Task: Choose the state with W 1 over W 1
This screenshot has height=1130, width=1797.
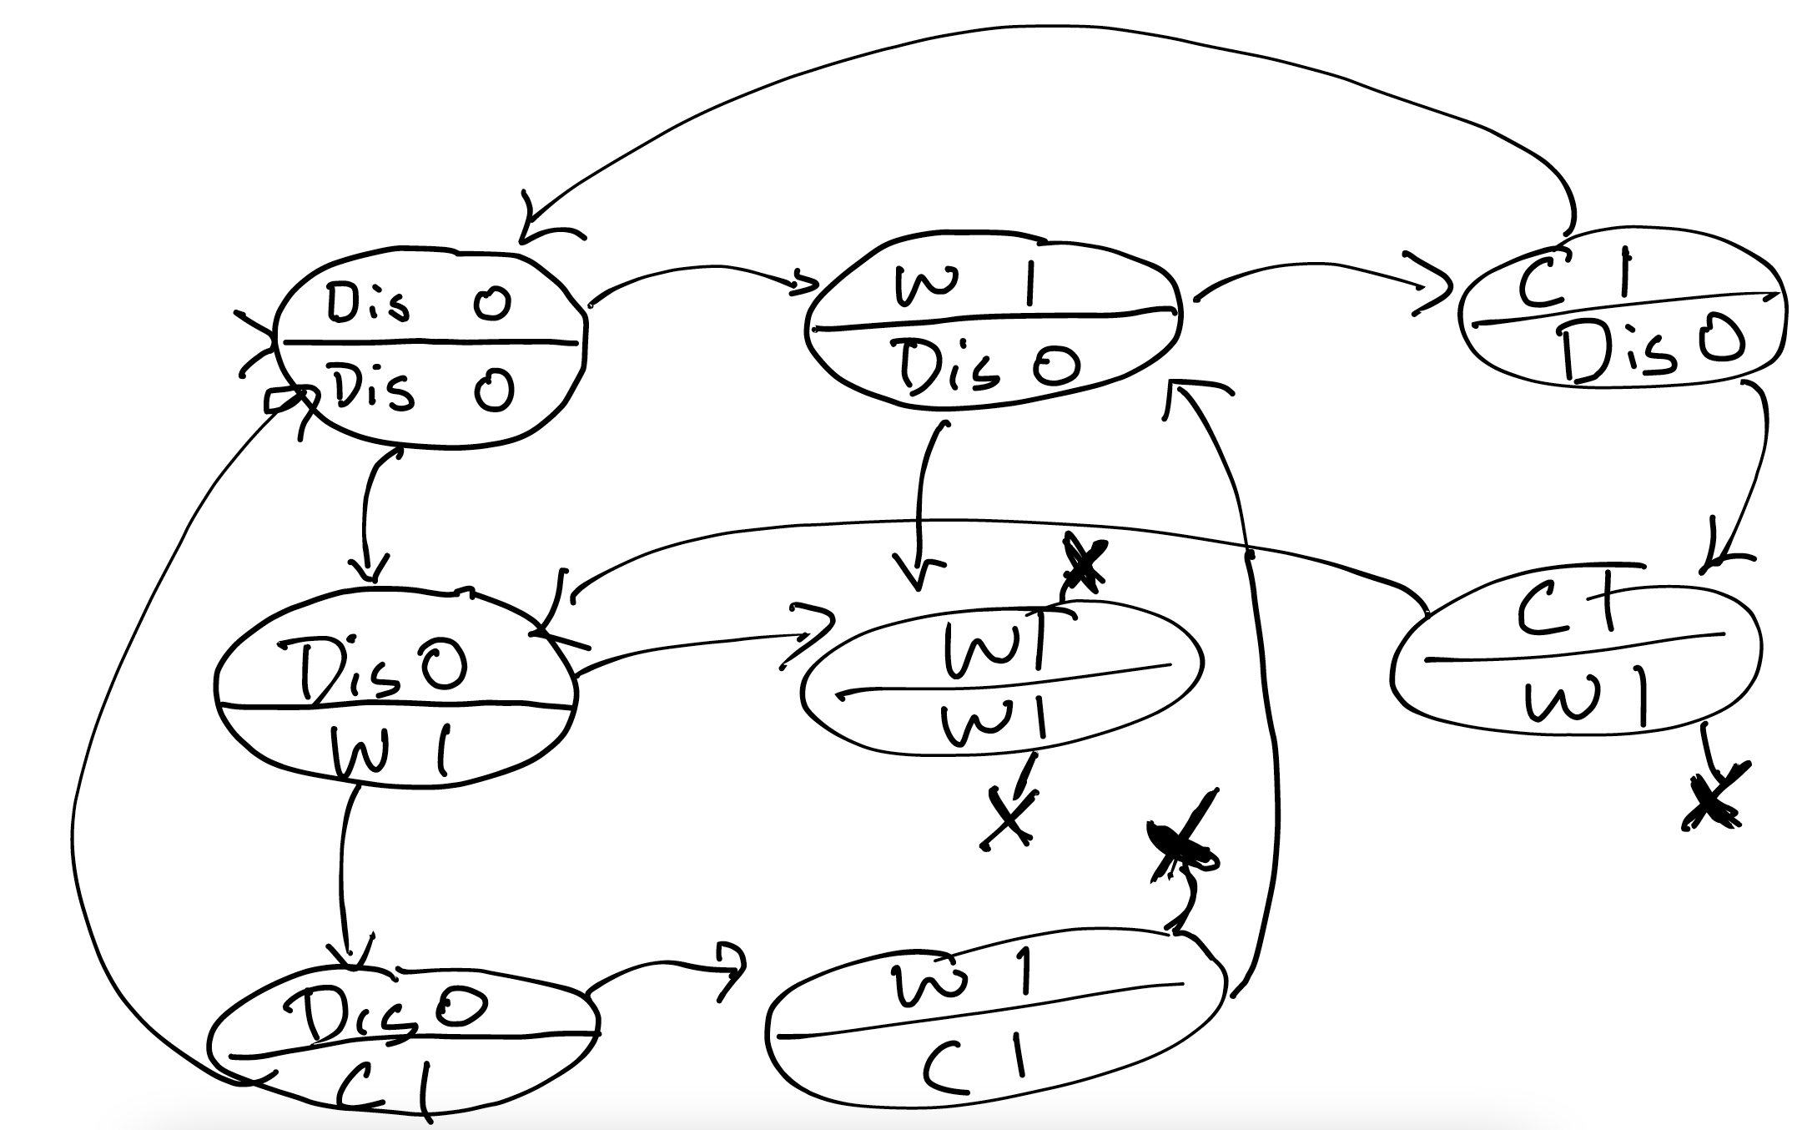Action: pos(1001,680)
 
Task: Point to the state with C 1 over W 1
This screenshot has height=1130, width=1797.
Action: pos(1577,659)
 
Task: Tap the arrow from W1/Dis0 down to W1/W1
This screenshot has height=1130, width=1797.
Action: pos(922,501)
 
